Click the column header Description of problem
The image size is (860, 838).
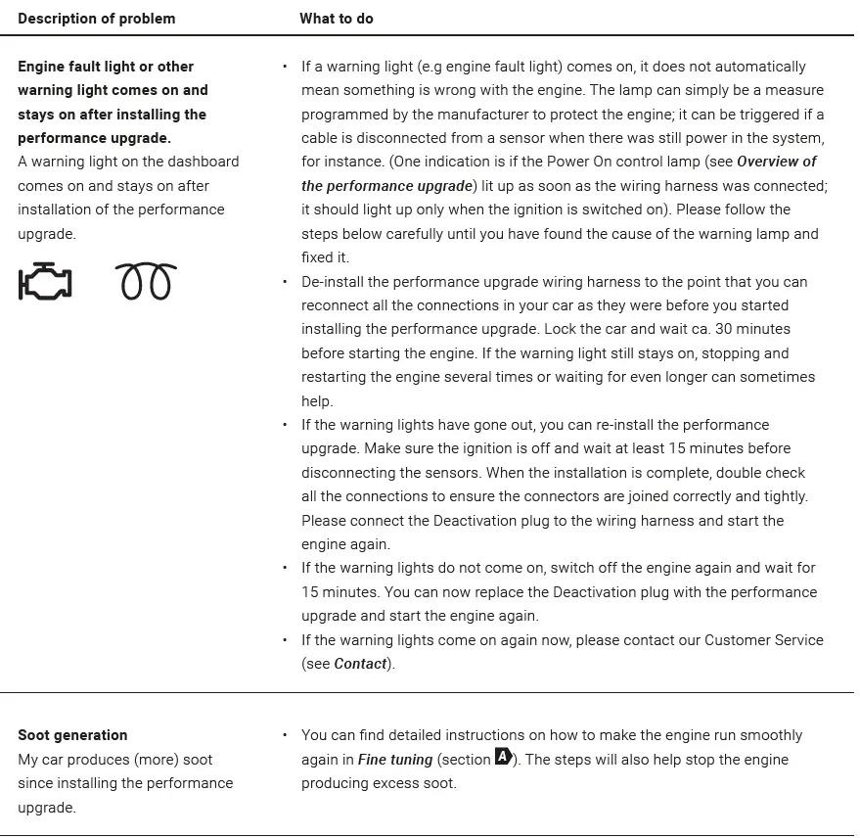97,19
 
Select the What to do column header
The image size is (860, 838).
337,19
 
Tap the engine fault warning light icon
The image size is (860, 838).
45,282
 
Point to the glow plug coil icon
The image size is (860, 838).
146,282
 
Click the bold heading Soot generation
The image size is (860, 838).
72,735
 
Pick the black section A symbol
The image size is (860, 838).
504,757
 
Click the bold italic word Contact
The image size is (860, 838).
360,664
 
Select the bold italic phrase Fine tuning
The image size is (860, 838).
395,760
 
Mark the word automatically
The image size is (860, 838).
759,67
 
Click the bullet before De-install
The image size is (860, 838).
285,282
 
